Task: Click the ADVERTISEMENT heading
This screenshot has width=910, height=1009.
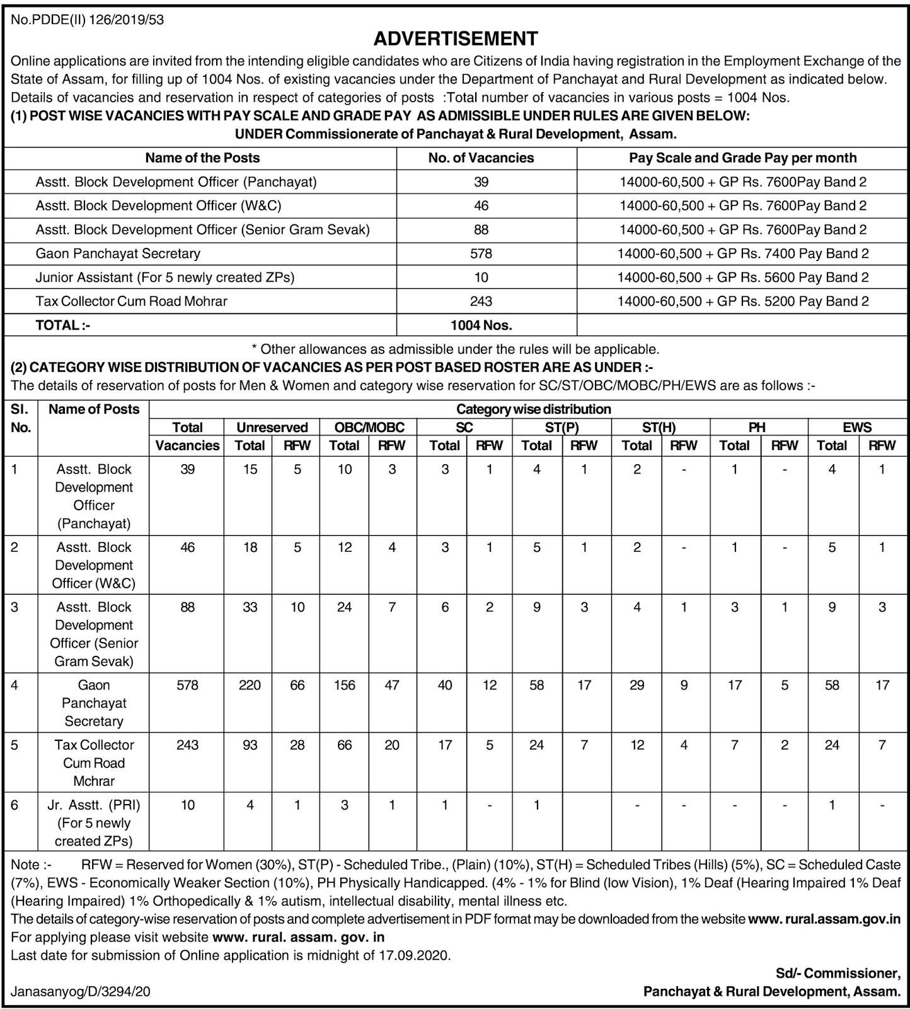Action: click(x=456, y=39)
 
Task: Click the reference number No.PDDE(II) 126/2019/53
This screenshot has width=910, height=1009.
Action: click(x=88, y=20)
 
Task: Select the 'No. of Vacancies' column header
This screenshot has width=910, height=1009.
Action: click(x=481, y=158)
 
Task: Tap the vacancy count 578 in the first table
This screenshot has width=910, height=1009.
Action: click(x=481, y=254)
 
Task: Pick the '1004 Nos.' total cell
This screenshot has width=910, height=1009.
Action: click(x=481, y=325)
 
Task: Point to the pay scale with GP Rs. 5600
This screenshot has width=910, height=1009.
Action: click(x=742, y=277)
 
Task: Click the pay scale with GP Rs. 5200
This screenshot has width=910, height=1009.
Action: click(x=742, y=301)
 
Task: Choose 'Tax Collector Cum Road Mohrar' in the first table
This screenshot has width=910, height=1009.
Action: click(x=131, y=301)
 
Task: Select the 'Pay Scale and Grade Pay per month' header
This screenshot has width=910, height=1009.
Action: click(x=742, y=158)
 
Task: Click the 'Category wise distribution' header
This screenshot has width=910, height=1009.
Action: click(x=533, y=409)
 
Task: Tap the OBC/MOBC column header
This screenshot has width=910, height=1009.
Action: click(x=369, y=428)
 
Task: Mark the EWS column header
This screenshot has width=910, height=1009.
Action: click(x=857, y=428)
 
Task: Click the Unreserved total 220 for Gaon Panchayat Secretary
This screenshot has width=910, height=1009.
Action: click(x=250, y=685)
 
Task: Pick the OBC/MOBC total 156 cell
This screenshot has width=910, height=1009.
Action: click(x=345, y=685)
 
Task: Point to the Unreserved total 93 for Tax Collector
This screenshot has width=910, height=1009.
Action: click(x=250, y=745)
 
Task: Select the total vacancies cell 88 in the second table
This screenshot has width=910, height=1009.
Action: click(x=188, y=607)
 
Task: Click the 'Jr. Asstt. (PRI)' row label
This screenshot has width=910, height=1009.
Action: click(x=94, y=805)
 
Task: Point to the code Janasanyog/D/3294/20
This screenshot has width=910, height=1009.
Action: click(x=81, y=992)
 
